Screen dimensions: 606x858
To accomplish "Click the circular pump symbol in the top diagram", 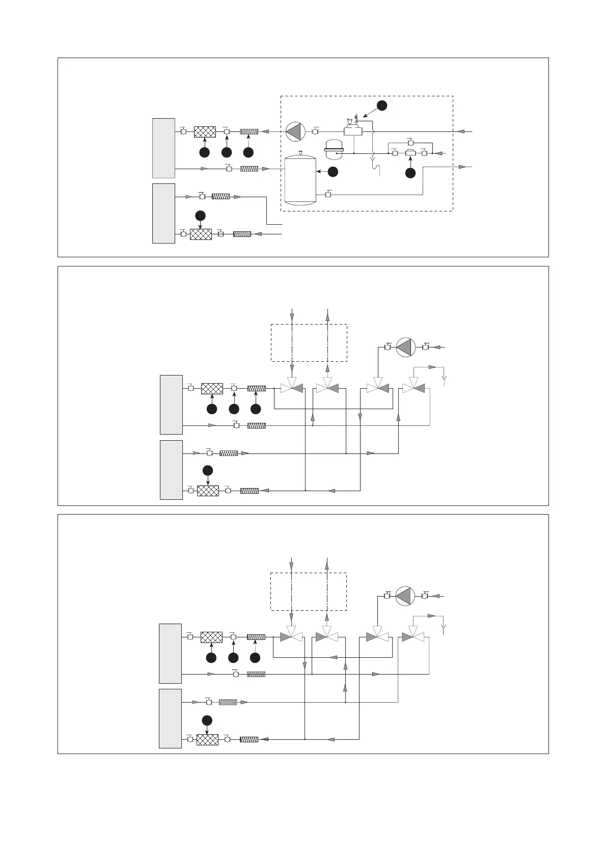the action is point(295,131).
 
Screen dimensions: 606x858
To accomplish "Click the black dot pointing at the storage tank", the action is point(333,172).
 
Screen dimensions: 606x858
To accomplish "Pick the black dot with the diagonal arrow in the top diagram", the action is point(382,105).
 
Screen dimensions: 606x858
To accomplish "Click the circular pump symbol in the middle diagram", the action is point(406,347).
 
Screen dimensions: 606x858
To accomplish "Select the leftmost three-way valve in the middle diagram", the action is point(292,388).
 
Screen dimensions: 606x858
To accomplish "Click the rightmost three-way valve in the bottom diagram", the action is point(413,637).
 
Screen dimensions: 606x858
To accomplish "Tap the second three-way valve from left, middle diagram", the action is point(327,388).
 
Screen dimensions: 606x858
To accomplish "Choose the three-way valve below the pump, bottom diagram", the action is point(377,637).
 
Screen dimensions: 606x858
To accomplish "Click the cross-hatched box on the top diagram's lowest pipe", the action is point(201,234).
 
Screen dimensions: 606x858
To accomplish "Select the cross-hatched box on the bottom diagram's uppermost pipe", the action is point(211,637).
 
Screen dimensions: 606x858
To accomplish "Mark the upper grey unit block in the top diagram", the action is point(163,148).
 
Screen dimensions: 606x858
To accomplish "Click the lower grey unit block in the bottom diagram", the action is point(171,718).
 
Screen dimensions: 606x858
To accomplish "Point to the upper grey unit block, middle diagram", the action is point(171,404).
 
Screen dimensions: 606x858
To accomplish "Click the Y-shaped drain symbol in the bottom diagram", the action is point(444,627).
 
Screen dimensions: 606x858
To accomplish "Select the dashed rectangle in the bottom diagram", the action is point(308,591).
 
